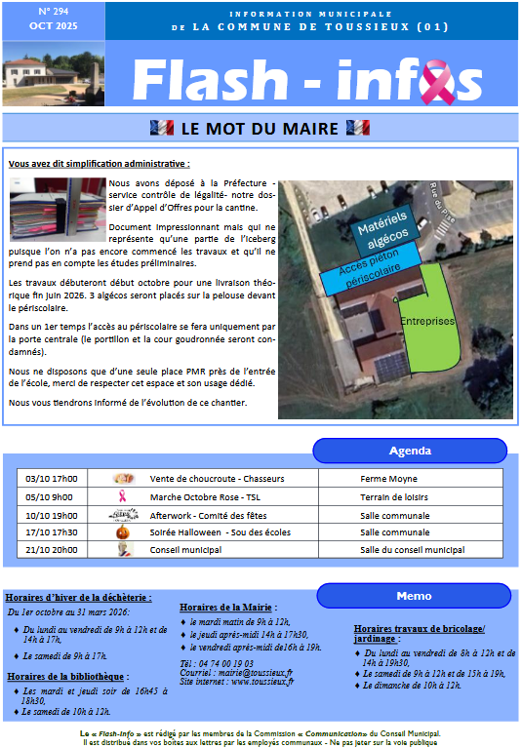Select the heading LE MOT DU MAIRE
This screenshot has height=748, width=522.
pyautogui.click(x=260, y=128)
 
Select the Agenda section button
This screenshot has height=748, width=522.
pyautogui.click(x=410, y=451)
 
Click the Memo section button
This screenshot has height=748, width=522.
pyautogui.click(x=414, y=596)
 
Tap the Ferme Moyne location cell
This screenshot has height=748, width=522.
pyautogui.click(x=388, y=479)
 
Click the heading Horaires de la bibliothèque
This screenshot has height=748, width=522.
pyautogui.click(x=65, y=677)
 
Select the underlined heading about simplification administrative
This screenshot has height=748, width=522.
pyautogui.click(x=99, y=164)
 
